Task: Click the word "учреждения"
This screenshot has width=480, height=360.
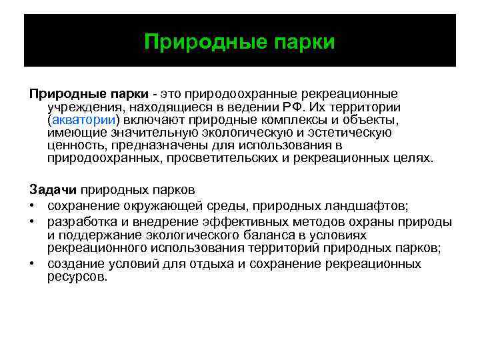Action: pyautogui.click(x=85, y=107)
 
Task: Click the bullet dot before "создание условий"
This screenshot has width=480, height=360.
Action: pyautogui.click(x=33, y=263)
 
